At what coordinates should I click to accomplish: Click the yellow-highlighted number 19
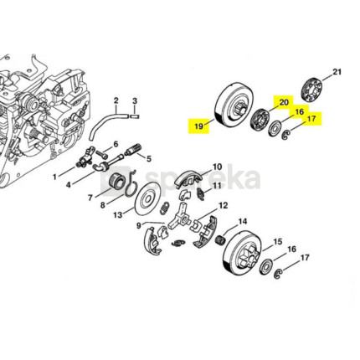pos(198,126)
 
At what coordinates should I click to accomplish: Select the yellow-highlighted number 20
pos(283,102)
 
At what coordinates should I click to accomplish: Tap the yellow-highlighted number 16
pos(299,112)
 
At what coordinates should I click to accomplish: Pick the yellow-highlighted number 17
pos(311,119)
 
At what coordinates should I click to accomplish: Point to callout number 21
pos(337,72)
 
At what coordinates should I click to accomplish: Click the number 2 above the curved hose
pos(116,100)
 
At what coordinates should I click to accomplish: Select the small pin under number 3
pos(135,115)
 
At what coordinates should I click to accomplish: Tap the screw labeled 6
pos(101,153)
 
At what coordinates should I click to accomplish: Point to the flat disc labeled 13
pos(147,198)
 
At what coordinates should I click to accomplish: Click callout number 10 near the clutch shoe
pos(217,167)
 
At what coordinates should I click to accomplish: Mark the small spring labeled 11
pos(201,193)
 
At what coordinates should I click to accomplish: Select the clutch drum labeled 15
pos(242,252)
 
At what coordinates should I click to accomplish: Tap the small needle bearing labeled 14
pos(222,239)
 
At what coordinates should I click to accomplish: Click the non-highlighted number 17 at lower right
pos(305,257)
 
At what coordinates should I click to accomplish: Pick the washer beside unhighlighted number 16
pos(266,266)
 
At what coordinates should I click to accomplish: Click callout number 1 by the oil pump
pos(54,177)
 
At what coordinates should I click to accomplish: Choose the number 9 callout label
pos(139,225)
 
